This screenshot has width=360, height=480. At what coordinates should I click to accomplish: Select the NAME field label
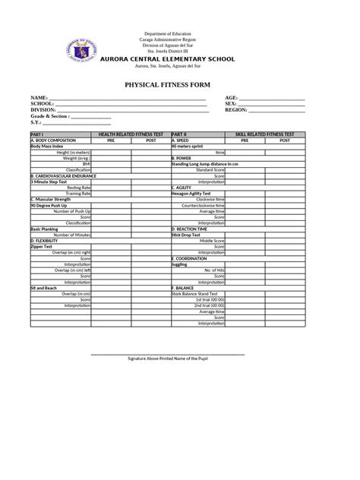coord(39,98)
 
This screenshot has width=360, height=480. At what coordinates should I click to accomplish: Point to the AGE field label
coord(232,98)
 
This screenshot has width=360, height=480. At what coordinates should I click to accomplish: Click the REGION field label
coord(236,109)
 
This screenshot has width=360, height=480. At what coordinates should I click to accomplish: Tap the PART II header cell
coord(180,133)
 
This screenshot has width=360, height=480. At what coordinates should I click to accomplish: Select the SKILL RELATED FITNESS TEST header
coord(265,133)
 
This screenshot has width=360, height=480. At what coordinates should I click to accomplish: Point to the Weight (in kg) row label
coord(77,157)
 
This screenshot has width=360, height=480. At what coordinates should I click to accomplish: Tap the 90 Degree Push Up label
coord(46,205)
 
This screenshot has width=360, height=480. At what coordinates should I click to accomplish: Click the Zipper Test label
coord(41,246)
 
